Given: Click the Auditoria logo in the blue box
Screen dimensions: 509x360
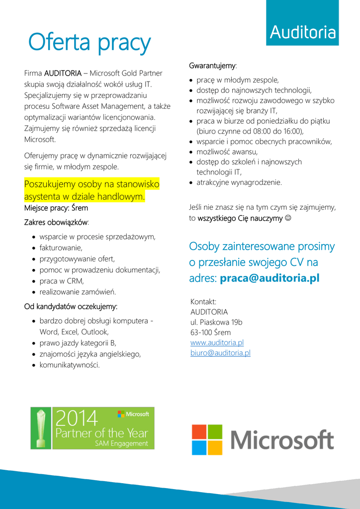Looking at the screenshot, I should coord(302,33).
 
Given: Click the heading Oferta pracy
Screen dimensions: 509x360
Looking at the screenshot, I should coord(89,43).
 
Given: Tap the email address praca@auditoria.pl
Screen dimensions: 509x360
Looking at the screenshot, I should coord(269,278).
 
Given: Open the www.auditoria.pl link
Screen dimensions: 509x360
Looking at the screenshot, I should coord(217,342).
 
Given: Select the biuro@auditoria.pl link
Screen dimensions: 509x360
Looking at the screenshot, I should coord(220,353).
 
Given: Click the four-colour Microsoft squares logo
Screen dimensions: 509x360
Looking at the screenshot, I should coord(207,439).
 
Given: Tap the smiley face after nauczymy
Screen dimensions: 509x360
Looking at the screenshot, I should coord(288,218).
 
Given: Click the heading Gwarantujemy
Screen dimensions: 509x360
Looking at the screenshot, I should coord(212,66).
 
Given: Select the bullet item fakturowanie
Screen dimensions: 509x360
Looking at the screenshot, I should coord(61,248).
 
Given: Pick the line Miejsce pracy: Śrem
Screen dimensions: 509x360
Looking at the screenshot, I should coord(56,208).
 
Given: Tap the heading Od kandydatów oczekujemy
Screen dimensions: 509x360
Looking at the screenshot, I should coord(71,307).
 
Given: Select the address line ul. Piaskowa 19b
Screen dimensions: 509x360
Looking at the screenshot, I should coord(216,322).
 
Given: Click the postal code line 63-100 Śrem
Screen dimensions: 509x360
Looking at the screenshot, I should coord(210,333).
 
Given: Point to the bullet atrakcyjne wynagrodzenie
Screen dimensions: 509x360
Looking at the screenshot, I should coord(239,182).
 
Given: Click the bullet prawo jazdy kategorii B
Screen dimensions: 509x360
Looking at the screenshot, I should coord(78,343).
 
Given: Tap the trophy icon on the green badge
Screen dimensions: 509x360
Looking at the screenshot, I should coord(42,427).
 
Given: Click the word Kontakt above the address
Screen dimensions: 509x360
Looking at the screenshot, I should coord(203,302).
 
